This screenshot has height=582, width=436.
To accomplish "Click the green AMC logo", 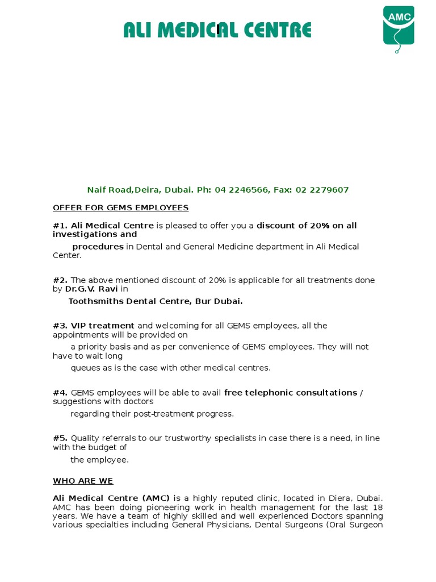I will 399,26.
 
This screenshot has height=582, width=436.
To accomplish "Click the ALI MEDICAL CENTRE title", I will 217,30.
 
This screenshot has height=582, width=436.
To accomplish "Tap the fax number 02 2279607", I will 322,190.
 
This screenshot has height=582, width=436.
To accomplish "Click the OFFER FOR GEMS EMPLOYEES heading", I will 120,208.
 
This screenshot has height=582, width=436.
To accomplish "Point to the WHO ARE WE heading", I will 83,481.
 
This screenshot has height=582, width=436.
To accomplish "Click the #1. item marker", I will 60,226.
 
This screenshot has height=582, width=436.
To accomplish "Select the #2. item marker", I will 60,280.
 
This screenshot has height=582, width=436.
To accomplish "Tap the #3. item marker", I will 60,326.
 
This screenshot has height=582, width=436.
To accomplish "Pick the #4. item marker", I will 60,393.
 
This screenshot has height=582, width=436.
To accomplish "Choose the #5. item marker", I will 60,438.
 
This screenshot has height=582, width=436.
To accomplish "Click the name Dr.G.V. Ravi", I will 91,289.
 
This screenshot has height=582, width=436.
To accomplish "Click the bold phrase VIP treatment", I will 103,326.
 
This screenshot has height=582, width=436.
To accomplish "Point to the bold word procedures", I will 98,247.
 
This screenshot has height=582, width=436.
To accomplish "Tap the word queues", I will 84,368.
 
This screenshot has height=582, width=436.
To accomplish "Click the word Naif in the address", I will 97,190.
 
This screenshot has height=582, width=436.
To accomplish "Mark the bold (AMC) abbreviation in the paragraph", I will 156,498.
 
